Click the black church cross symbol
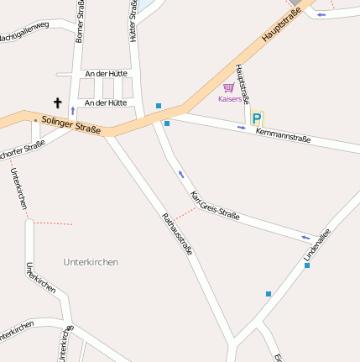coord(58,103)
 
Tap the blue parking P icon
coord(257,118)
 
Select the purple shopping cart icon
coord(229,87)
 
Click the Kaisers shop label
coord(229,99)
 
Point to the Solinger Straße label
coord(71,125)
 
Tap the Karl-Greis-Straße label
coord(216,206)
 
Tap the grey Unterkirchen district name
coord(91,262)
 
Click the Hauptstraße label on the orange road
coord(280,25)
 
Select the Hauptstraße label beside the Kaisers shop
coord(243,83)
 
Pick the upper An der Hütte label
coord(106,74)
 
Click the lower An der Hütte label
coord(106,102)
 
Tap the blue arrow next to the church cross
coord(72,110)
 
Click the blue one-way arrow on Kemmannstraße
coord(242,128)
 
